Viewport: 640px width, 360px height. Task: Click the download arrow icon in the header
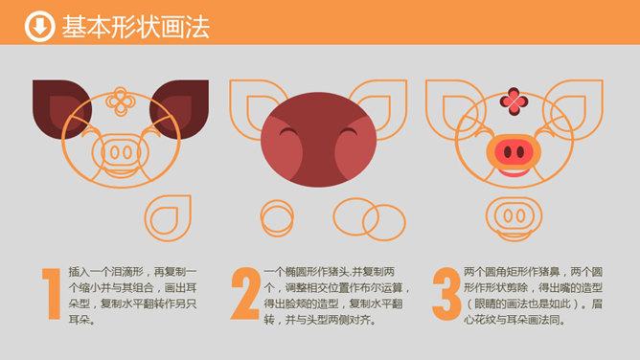(x=39, y=27)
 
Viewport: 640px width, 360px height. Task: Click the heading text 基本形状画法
(x=135, y=27)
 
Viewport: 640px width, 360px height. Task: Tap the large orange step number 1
(x=52, y=293)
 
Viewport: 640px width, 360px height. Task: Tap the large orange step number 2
(x=245, y=293)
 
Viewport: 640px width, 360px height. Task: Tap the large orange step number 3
(x=446, y=294)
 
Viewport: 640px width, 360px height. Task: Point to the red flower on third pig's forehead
(x=514, y=101)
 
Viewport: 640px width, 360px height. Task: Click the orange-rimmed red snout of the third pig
(x=514, y=151)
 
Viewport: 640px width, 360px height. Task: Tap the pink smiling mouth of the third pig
(x=514, y=173)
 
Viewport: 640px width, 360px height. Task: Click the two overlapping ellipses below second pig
(x=370, y=220)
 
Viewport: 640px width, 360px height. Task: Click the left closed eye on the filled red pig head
(x=288, y=131)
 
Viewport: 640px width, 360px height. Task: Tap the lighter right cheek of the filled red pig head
(x=355, y=147)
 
